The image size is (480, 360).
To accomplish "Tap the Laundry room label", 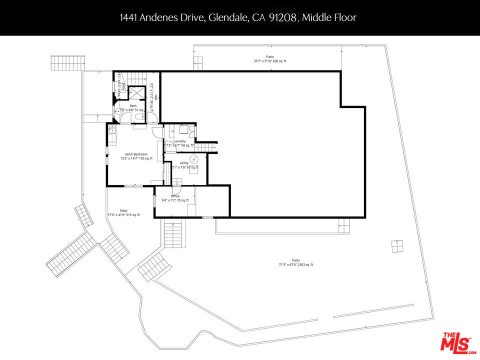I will pos(179,141).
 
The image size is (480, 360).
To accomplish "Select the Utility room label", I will pos(184,163).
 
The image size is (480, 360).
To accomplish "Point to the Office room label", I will pos(175,196).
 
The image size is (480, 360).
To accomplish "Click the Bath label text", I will pos(133,106).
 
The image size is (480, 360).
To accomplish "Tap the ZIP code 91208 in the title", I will pos(283,18).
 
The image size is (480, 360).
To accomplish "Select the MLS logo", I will pos(456,342).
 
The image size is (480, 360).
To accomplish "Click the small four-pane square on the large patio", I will pos(397,246).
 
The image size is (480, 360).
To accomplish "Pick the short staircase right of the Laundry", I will pos(203,146).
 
